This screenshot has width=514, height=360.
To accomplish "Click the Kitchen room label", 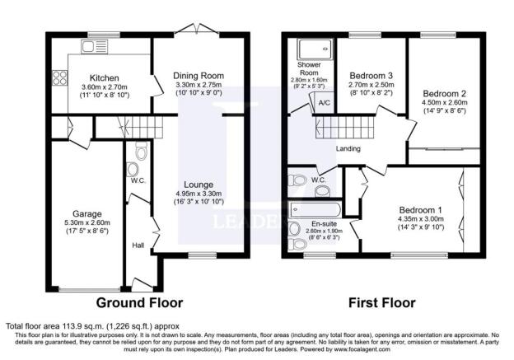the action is coord(105,78).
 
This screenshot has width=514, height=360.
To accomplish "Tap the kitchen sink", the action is coord(94,47).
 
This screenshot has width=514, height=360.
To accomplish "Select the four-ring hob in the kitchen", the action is coord(59,78).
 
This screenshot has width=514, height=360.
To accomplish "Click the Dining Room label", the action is coord(199,76).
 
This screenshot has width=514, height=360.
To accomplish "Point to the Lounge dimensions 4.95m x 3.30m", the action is coord(199,194).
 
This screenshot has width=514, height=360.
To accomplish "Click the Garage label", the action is coord(86,214).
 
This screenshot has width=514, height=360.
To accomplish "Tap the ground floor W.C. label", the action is coord(138,180).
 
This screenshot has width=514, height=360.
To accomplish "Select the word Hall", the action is coord(138,245).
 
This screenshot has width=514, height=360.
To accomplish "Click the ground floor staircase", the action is coord(143,127).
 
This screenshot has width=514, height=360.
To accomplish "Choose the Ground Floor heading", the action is coord(139,302).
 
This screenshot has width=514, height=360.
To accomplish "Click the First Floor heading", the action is coord(382,302).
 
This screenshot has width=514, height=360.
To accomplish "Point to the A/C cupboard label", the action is coord(325,103).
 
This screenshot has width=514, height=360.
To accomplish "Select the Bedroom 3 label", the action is coord(371,76).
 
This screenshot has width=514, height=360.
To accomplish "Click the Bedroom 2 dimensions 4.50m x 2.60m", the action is coord(445,102).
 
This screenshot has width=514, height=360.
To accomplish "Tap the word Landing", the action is coord(348,148).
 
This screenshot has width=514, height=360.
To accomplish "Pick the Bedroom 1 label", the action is coord(421,210).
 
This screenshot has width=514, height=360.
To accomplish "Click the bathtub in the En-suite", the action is coord(315,209).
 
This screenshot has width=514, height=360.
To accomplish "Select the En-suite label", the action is coord(325,224).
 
